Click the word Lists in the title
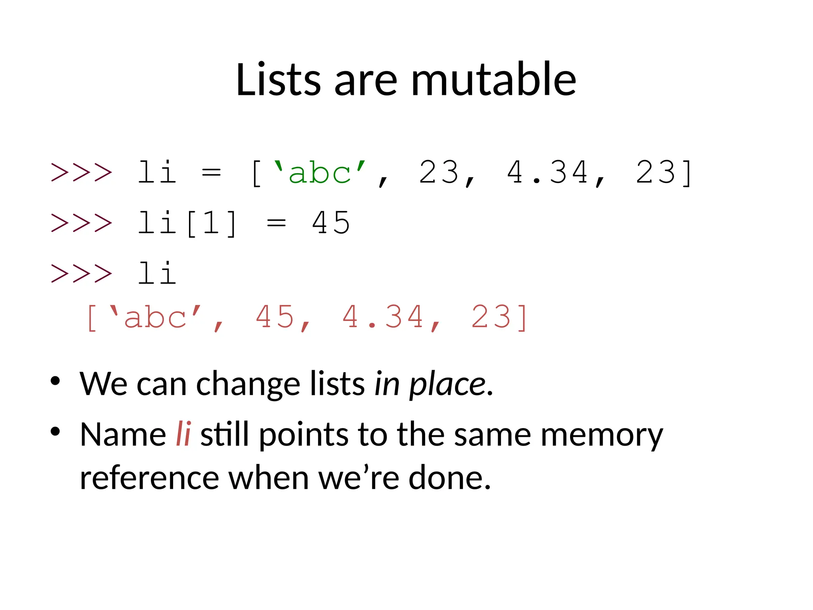coord(278,79)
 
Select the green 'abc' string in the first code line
coord(320,173)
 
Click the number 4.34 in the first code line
coord(548,173)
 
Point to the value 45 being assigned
coord(331,223)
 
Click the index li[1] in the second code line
coord(187,223)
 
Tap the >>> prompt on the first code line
coord(82,173)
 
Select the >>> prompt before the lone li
coord(82,274)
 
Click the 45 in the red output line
coord(275,318)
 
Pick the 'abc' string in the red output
coord(155,318)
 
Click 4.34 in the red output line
coord(383,318)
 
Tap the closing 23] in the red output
coord(499,318)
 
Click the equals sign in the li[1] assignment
coord(276,223)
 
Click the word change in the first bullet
coord(248,384)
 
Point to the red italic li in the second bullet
coord(183,434)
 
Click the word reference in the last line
coord(149,478)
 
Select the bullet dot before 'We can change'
coord(55,381)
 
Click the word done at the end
coord(449,478)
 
